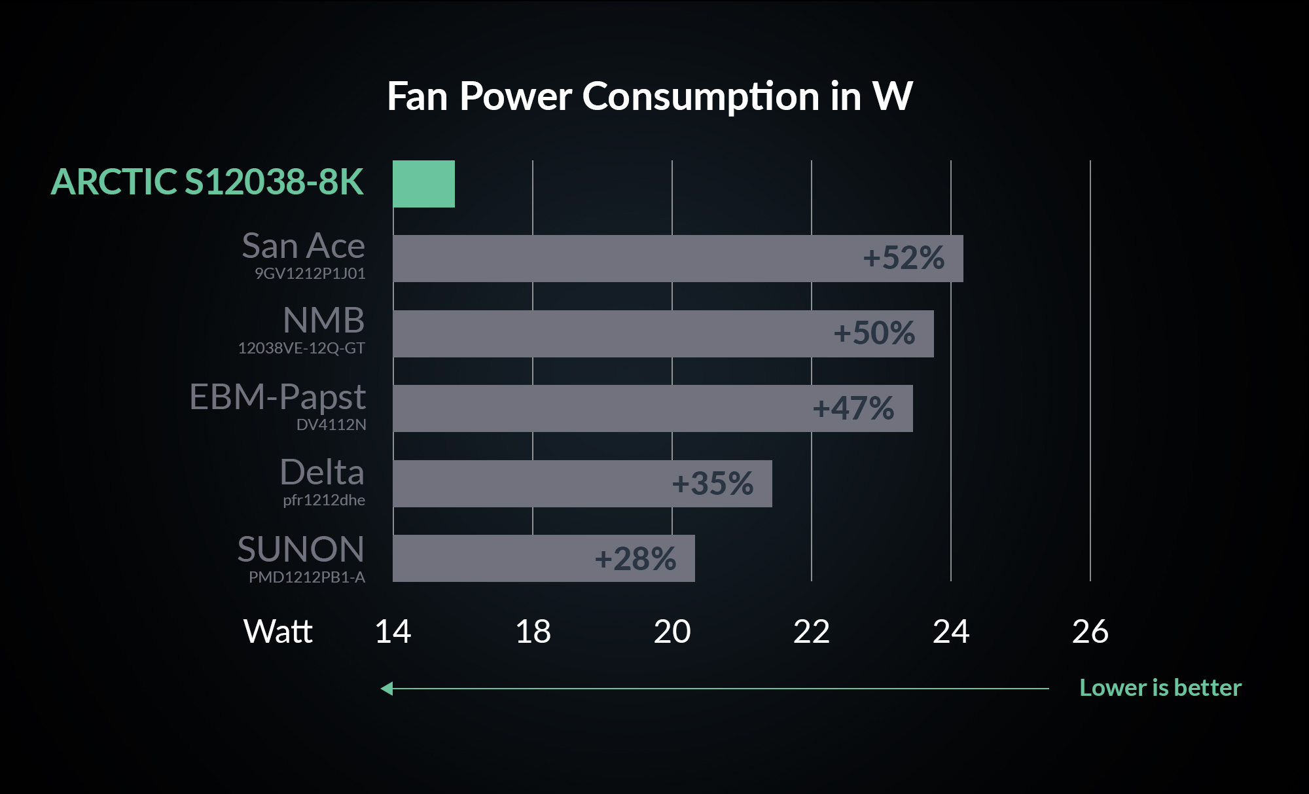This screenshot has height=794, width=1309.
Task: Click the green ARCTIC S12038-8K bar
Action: click(x=423, y=184)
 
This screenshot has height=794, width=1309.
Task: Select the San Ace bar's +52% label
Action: click(x=903, y=258)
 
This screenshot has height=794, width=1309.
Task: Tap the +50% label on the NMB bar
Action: click(x=874, y=333)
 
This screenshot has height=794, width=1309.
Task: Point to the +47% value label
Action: click(x=853, y=408)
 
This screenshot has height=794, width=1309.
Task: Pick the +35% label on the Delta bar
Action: click(x=712, y=484)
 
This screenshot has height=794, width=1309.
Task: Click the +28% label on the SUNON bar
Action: click(x=635, y=559)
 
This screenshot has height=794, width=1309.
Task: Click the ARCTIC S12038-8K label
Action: click(x=207, y=182)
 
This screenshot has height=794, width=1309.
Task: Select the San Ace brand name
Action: click(x=303, y=246)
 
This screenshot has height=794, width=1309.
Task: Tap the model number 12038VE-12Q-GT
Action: click(x=301, y=348)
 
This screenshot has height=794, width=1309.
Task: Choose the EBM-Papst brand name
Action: click(x=277, y=397)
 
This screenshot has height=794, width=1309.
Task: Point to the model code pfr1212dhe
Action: click(x=324, y=500)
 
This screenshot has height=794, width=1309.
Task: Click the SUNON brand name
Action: click(x=300, y=549)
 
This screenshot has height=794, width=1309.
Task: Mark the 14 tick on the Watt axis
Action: click(x=393, y=632)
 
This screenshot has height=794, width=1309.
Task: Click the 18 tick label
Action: click(x=533, y=632)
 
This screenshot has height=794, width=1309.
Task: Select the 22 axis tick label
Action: click(x=812, y=632)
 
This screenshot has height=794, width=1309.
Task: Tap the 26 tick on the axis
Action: click(x=1090, y=632)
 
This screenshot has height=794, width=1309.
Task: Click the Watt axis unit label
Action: click(x=278, y=632)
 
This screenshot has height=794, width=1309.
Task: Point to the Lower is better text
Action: click(x=1160, y=688)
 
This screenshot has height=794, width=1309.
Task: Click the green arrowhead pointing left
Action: click(x=387, y=689)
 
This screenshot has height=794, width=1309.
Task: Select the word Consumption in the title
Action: click(x=701, y=97)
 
